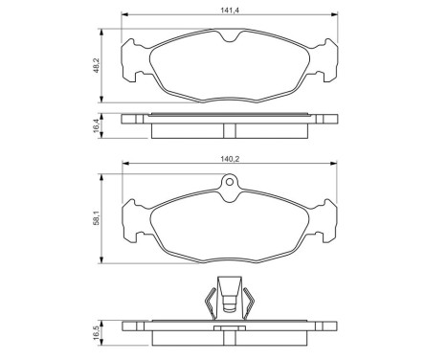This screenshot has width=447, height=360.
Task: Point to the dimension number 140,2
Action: click(x=229, y=162)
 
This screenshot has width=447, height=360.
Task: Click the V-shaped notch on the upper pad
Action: click(x=229, y=38)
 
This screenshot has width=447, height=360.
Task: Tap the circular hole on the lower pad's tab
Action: click(x=229, y=186)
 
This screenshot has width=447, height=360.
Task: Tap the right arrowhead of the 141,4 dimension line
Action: click(x=338, y=16)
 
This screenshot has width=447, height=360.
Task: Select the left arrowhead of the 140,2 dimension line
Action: click(x=123, y=169)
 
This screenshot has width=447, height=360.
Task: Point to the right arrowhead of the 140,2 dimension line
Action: click(x=337, y=169)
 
